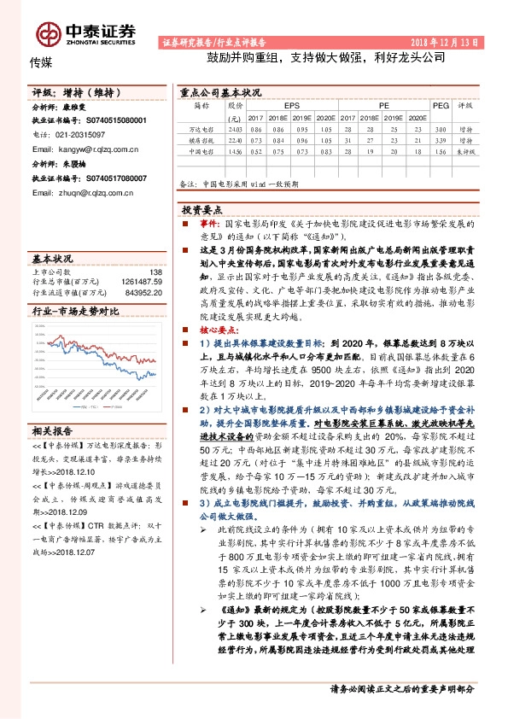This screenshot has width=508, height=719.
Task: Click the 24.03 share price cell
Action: [x=236, y=126]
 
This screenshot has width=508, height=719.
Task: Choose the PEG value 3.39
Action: [x=441, y=139]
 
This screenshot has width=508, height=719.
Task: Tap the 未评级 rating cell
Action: [x=465, y=151]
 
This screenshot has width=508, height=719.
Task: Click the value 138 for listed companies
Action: [x=155, y=271]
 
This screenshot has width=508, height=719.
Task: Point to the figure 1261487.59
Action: [x=143, y=281]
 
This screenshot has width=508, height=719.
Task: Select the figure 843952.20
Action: [x=145, y=292]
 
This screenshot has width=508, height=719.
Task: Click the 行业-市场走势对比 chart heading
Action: [x=70, y=313]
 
